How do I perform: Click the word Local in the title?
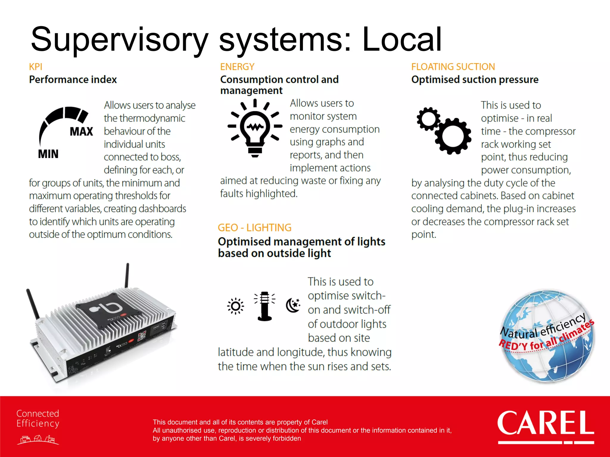point(402,39)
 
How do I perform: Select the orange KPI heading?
point(36,67)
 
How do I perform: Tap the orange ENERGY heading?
point(237,67)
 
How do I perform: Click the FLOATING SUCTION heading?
point(453,67)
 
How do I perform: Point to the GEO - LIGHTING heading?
point(254,228)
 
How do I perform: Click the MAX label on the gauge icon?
point(81,132)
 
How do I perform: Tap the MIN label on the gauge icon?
point(48,154)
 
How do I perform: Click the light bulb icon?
point(255,129)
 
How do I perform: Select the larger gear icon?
point(453,136)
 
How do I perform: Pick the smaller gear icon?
point(428,119)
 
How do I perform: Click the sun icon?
point(236,306)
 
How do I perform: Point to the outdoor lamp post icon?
point(264,306)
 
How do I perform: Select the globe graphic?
point(547,336)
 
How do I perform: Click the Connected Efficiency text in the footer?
point(38,418)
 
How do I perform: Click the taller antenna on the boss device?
point(127,275)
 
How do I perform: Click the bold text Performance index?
point(73,80)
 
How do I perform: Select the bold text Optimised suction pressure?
point(475,80)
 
